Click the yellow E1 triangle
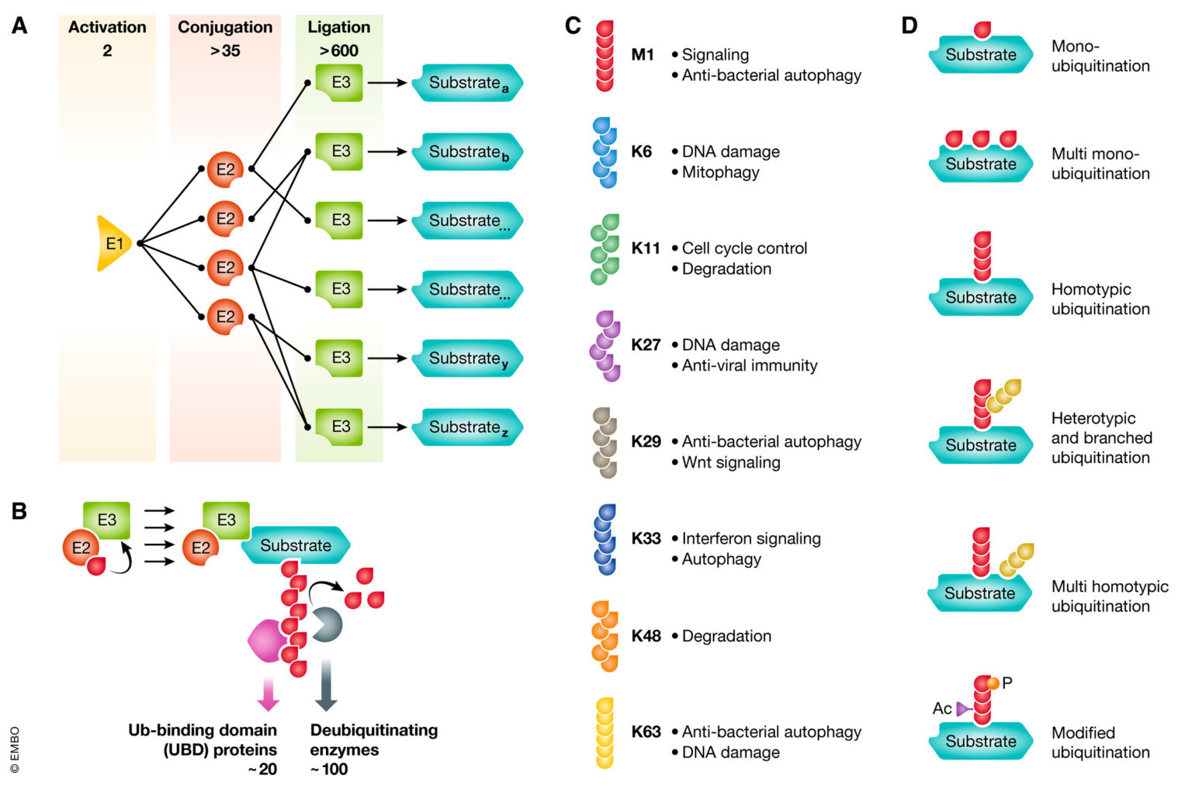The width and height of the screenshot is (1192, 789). (113, 244)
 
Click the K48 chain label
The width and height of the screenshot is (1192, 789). (646, 636)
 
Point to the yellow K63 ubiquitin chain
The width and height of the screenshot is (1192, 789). (605, 733)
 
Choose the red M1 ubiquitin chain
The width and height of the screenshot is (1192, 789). (605, 56)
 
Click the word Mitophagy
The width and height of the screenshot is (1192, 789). (720, 172)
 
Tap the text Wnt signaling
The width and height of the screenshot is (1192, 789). (731, 462)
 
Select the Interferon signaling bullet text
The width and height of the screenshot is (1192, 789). (750, 538)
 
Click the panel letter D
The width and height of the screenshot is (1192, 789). (909, 26)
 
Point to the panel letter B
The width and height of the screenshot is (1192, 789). (19, 511)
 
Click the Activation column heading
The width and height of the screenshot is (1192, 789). (107, 27)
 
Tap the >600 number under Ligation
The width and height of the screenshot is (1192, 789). (339, 51)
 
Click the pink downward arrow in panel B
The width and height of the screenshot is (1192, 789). (268, 693)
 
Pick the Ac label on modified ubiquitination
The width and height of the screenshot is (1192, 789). (941, 708)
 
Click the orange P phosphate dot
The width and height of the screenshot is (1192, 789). (993, 683)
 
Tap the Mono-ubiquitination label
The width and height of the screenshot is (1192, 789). (1100, 56)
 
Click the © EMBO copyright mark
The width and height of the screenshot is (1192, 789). (15, 749)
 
